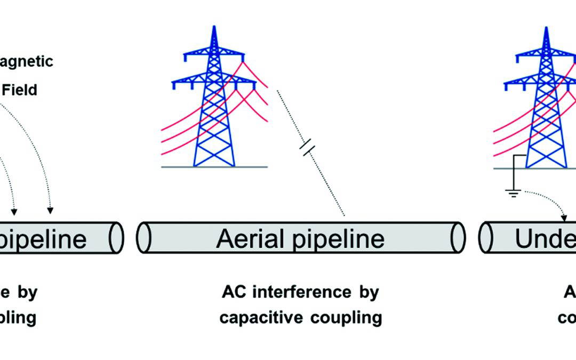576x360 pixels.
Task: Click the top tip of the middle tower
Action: (214, 27)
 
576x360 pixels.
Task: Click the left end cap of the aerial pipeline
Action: (141, 238)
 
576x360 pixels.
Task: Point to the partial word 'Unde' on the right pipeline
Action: (544, 239)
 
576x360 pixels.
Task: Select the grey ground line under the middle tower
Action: (214, 167)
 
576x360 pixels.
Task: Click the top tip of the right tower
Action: (545, 27)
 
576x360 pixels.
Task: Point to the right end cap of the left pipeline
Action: (119, 238)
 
